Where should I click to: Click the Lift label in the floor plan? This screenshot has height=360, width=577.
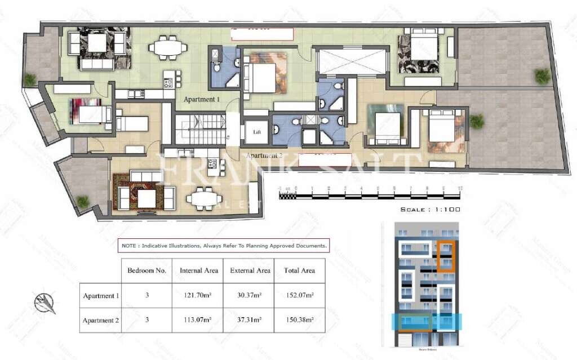click(257, 132)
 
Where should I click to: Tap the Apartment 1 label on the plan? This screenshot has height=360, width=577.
click(202, 99)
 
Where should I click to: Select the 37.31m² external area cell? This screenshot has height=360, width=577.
click(250, 321)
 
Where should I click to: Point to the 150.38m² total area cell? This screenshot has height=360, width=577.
click(299, 321)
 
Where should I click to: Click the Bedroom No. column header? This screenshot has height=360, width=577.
click(147, 270)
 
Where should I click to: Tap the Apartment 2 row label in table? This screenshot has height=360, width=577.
click(101, 321)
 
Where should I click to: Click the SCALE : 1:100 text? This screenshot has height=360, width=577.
click(430, 210)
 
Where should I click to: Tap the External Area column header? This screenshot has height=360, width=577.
click(250, 270)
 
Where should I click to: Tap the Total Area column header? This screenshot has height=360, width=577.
click(299, 270)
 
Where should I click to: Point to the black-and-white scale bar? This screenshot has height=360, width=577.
click(370, 197)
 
